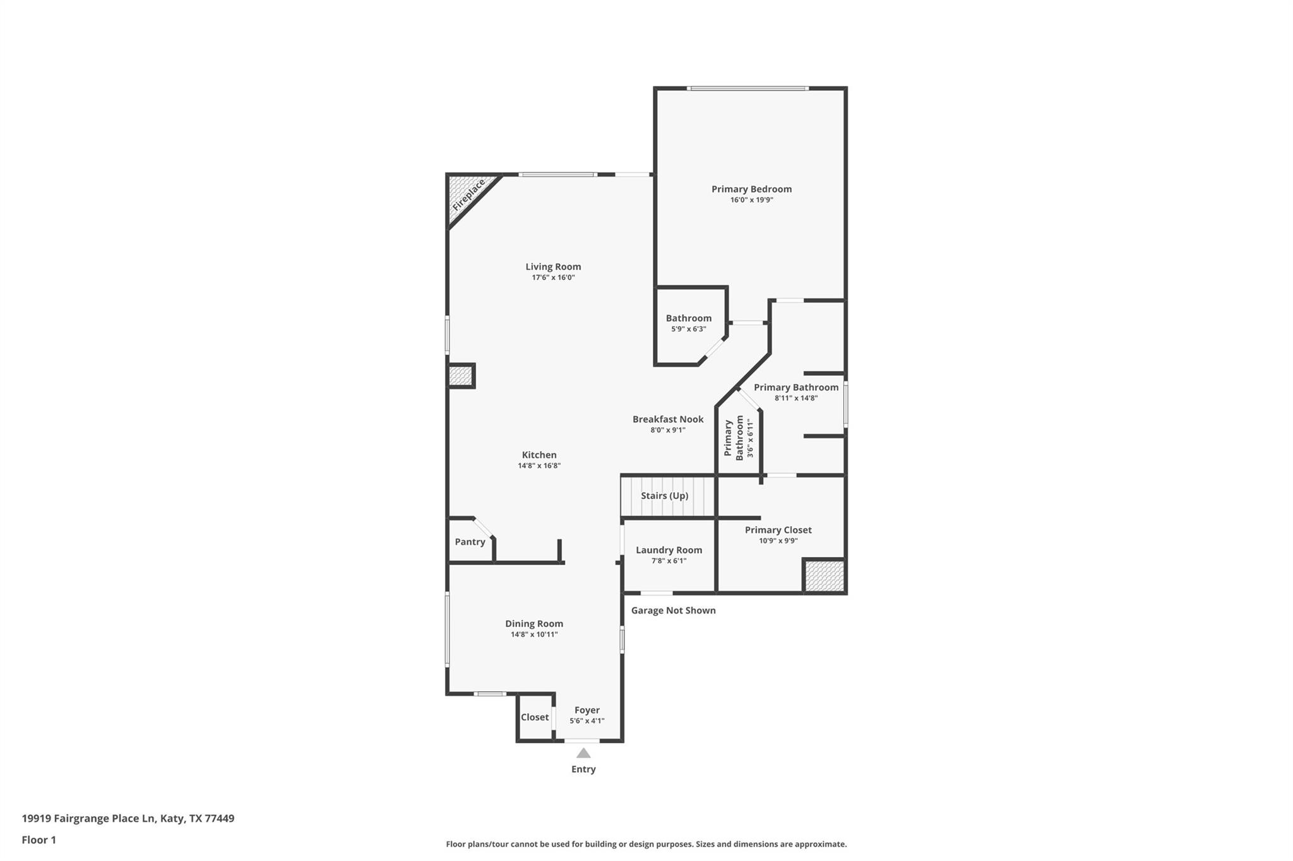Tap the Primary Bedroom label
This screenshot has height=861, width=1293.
click(751, 189)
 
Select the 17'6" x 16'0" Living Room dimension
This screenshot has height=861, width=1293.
click(553, 278)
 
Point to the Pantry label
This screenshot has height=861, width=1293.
click(470, 542)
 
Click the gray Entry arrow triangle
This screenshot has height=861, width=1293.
click(583, 753)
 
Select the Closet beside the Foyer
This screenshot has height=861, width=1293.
click(535, 717)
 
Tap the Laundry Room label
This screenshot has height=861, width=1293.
click(669, 550)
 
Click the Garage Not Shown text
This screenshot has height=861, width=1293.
click(673, 611)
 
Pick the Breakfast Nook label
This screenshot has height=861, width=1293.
click(668, 419)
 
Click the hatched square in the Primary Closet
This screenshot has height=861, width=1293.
click(824, 576)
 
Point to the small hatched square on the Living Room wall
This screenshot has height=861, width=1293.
click(460, 376)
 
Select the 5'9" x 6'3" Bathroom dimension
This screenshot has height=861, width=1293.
click(688, 329)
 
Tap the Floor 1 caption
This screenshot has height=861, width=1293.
click(39, 840)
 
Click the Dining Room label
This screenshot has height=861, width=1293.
click(533, 624)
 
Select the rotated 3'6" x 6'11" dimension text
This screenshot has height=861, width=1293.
click(751, 438)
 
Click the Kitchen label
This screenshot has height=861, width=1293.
click(539, 455)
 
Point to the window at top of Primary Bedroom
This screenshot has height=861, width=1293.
click(748, 88)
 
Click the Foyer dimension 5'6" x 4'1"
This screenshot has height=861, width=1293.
click(587, 721)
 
